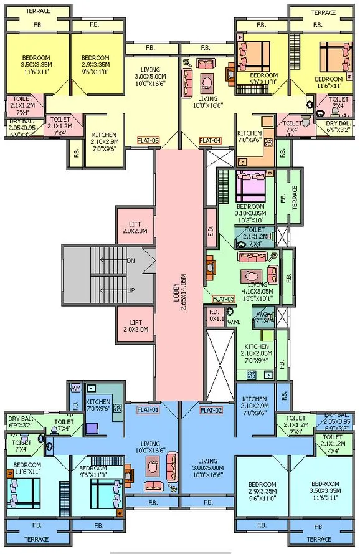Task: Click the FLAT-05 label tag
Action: [x=149, y=141]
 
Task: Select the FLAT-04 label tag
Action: [x=211, y=141]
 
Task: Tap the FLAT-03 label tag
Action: [x=223, y=299]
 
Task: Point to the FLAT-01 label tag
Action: [x=149, y=410]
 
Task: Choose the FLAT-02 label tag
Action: [x=211, y=410]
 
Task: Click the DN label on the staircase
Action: [x=130, y=260]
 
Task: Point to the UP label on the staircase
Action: [x=130, y=291]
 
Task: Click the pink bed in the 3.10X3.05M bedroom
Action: [x=252, y=184]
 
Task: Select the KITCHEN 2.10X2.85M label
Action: [x=256, y=351]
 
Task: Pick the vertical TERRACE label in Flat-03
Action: [x=295, y=197]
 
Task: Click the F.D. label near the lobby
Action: [x=214, y=315]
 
